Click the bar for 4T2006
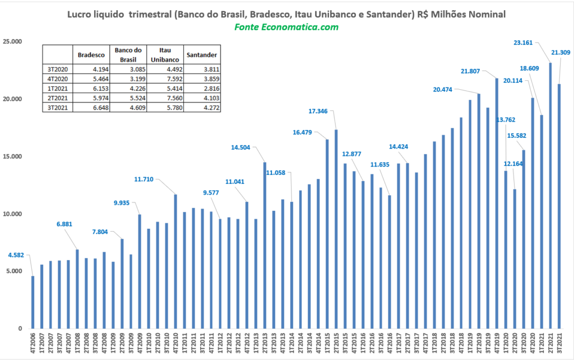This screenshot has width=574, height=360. (x=33, y=302)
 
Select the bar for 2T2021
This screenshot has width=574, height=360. (x=550, y=196)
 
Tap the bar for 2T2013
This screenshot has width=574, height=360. (x=265, y=246)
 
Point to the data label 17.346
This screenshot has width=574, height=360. (x=318, y=111)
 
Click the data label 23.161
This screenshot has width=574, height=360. (x=523, y=43)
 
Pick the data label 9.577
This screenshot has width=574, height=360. (x=211, y=193)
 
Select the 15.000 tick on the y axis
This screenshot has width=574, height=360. (x=12, y=156)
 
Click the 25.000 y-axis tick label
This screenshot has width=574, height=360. (x=12, y=41)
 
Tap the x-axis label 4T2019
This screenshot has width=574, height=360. (x=497, y=344)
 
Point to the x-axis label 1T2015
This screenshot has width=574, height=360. (x=327, y=344)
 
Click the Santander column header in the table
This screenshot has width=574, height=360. (x=202, y=55)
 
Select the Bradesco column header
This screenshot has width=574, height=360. (x=91, y=55)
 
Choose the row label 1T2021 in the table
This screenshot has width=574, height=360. (x=58, y=88)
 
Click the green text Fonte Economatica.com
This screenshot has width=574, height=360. (x=286, y=27)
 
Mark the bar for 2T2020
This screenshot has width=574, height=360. (x=515, y=259)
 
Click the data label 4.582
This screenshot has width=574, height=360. (x=16, y=255)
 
